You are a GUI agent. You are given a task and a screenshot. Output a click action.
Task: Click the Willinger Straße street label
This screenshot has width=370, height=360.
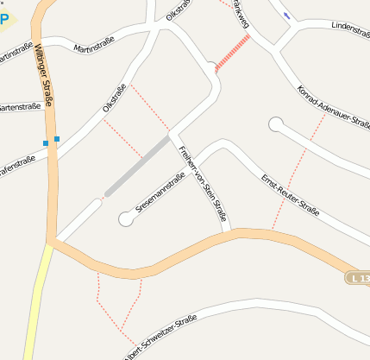click(x=44, y=78)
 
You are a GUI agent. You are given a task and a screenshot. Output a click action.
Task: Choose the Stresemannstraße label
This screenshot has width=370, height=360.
click(x=160, y=193)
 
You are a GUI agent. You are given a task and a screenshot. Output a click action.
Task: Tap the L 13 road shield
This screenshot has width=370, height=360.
click(x=359, y=278)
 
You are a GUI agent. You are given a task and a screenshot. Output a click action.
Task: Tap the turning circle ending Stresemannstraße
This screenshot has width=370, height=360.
click(x=126, y=219)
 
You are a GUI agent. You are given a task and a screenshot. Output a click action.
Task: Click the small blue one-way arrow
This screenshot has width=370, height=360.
click(x=286, y=15)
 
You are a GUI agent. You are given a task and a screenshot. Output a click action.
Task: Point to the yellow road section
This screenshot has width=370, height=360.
click(x=36, y=302)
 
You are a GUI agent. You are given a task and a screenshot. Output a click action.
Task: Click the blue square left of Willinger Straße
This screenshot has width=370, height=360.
click(x=45, y=143)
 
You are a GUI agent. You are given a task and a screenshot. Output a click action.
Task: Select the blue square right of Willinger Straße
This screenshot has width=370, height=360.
click(x=57, y=138)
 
